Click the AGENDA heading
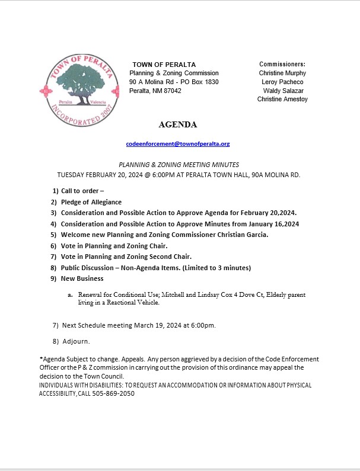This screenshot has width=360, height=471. point(178,125)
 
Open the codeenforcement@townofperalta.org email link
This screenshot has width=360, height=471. point(178,144)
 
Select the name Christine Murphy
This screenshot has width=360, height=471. point(282,73)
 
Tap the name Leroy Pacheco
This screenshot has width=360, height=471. point(282,82)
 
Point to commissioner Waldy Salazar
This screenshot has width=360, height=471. point(283,91)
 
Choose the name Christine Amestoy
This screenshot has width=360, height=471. point(282,100)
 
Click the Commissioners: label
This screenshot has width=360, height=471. point(282,64)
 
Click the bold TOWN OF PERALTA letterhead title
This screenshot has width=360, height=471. point(164,65)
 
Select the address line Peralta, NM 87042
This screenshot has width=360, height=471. point(156,91)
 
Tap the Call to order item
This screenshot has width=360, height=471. point(82,191)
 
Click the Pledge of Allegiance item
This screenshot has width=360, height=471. point(91,202)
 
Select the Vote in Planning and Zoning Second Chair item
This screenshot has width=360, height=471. point(126,257)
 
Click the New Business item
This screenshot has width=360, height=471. point(82,278)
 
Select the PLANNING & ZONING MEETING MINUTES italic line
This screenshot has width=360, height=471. point(179,165)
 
